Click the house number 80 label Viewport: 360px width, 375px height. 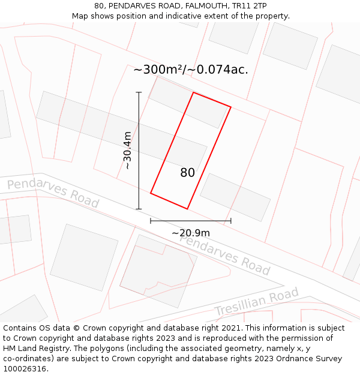click(x=187, y=173)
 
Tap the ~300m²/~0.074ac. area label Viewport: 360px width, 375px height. click(x=190, y=70)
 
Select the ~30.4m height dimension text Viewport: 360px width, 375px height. click(x=127, y=151)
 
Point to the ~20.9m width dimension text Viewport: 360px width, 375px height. click(x=191, y=233)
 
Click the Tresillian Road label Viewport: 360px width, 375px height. click(x=256, y=302)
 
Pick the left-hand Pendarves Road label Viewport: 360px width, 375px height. click(x=53, y=193)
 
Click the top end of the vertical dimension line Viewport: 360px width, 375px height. click(x=139, y=92)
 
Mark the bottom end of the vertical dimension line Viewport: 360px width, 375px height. click(x=139, y=209)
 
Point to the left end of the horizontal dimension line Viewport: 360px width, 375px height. click(x=151, y=221)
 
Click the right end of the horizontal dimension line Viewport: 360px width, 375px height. click(x=231, y=221)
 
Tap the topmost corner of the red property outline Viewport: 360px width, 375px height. click(x=193, y=92)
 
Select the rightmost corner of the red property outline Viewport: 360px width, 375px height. click(x=231, y=107)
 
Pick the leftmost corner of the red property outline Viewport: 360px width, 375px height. click(x=151, y=193)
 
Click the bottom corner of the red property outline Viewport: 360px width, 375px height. click(x=188, y=209)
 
